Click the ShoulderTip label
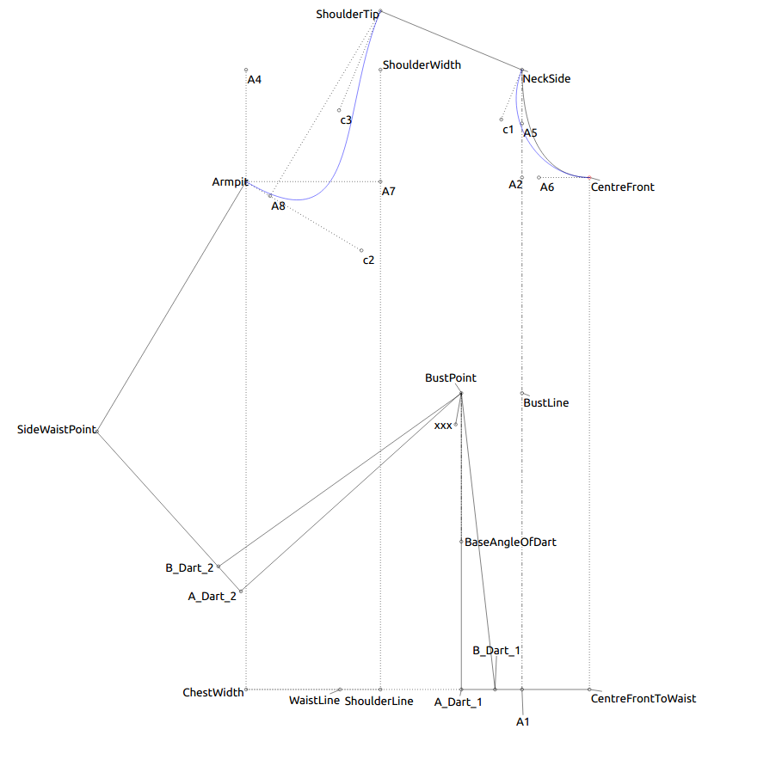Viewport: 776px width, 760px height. point(347,15)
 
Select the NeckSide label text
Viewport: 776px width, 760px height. point(546,79)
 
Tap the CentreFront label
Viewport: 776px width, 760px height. point(622,187)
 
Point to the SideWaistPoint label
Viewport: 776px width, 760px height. point(57,429)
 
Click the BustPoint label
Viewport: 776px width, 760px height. point(450,377)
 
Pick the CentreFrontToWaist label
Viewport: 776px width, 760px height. point(644,699)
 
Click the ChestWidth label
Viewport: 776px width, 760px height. point(213,692)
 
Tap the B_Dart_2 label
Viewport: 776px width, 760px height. point(189,567)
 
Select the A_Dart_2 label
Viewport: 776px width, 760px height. point(212,595)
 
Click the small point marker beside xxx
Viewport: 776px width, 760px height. point(456,425)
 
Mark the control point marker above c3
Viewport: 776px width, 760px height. point(339,110)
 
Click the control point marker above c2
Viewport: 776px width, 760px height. point(361,250)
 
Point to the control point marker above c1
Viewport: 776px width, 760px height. point(502,120)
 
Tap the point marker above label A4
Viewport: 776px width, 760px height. point(246,70)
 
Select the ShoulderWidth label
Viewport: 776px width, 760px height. point(422,64)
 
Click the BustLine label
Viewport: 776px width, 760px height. point(545,402)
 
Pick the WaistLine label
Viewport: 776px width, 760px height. point(314,701)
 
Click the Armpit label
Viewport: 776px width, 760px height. point(230,182)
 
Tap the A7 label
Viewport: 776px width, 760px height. point(389,192)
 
